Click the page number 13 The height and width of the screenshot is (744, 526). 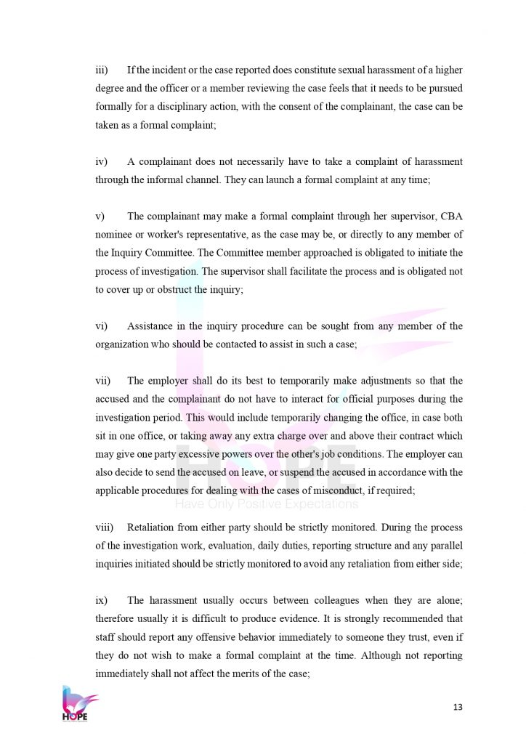pyautogui.click(x=457, y=707)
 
